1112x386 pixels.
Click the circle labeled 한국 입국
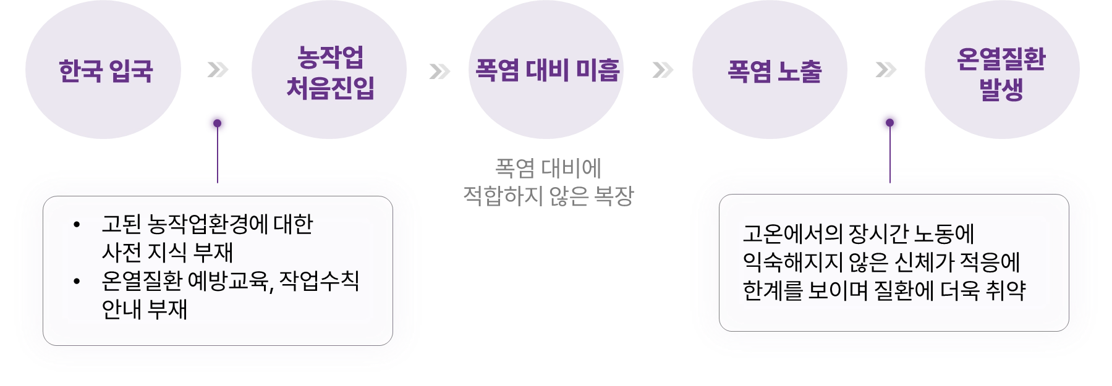click(x=105, y=70)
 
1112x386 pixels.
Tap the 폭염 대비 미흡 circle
click(x=546, y=70)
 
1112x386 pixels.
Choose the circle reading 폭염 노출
click(x=774, y=72)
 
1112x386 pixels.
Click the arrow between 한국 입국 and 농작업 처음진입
click(x=216, y=70)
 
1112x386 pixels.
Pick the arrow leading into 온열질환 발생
click(x=888, y=70)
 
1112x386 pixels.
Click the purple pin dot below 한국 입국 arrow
click(x=217, y=124)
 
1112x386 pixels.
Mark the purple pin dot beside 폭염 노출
click(x=889, y=123)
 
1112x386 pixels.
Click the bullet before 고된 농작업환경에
click(x=77, y=225)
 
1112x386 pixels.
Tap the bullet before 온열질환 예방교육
click(x=77, y=282)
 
